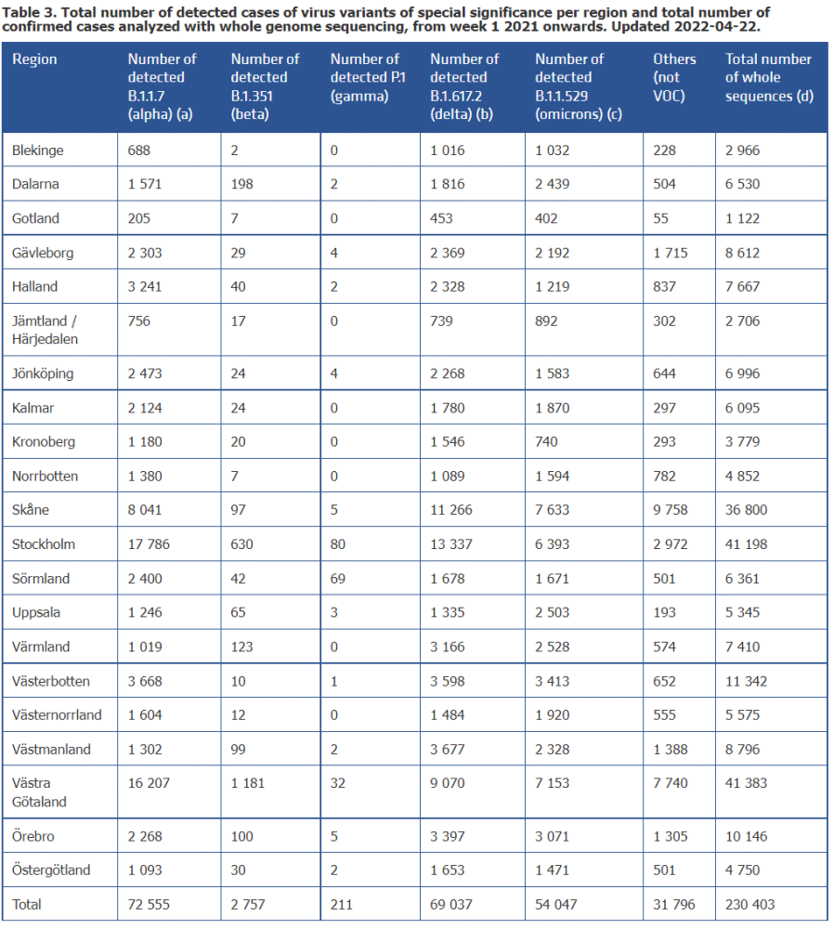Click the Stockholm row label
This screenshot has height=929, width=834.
pyautogui.click(x=44, y=544)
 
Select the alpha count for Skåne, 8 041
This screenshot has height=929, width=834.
pyautogui.click(x=149, y=510)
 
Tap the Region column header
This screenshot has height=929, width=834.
pyautogui.click(x=34, y=59)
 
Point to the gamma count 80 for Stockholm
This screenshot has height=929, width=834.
pyautogui.click(x=339, y=544)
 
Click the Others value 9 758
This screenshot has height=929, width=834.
pyautogui.click(x=671, y=510)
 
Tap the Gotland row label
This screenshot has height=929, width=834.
pyautogui.click(x=35, y=218)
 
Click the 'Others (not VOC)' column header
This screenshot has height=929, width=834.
pyautogui.click(x=674, y=77)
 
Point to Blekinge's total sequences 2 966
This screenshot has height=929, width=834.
pyautogui.click(x=746, y=150)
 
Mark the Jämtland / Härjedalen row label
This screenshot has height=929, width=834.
pyautogui.click(x=45, y=330)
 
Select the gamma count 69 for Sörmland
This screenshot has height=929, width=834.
pyautogui.click(x=338, y=579)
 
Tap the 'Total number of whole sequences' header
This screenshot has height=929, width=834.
pyautogui.click(x=768, y=77)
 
